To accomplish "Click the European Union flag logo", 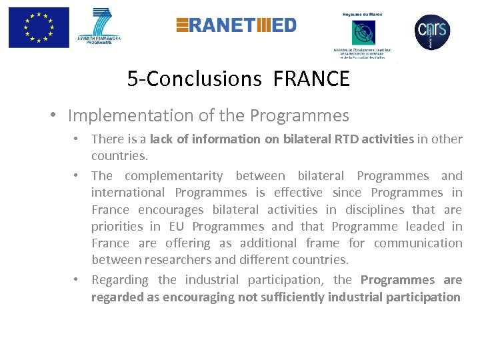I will [x=39, y=27].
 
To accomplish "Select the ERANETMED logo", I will [x=236, y=25].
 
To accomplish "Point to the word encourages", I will [x=171, y=209].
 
